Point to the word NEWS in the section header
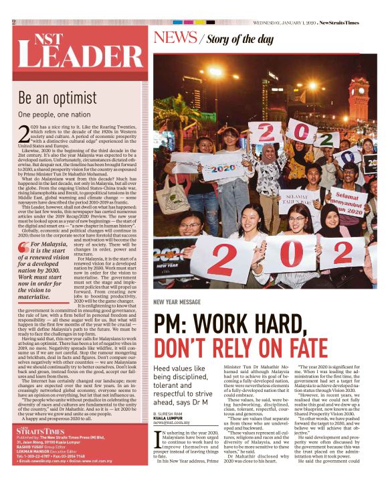pyautogui.click(x=175, y=38)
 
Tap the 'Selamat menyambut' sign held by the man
pyautogui.click(x=345, y=202)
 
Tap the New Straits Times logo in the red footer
pyautogui.click(x=40, y=449)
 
